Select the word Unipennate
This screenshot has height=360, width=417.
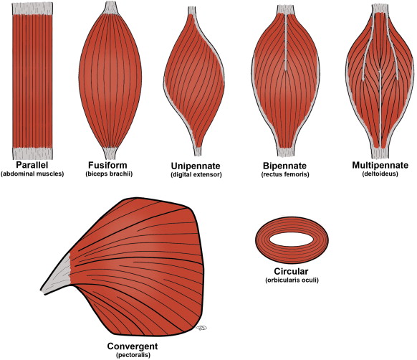click(x=190, y=164)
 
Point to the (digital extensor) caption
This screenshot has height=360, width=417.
click(x=190, y=174)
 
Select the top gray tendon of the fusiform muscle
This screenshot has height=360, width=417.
click(x=110, y=8)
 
